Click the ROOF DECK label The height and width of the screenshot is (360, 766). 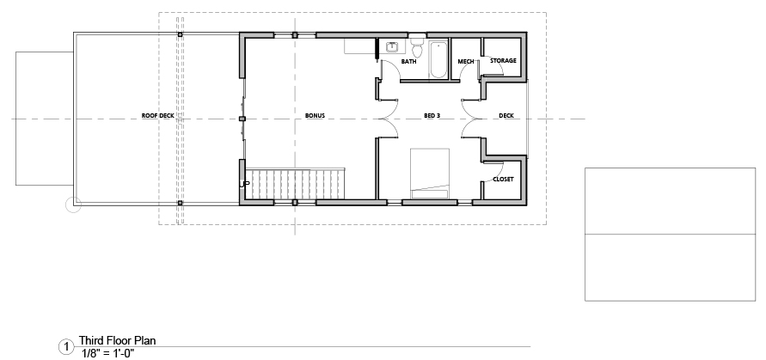[x=158, y=116]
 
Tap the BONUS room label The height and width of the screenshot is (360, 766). [x=316, y=116]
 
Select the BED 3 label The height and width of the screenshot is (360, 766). [x=432, y=116]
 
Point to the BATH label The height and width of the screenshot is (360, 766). [x=409, y=62]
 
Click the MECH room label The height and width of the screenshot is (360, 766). [x=466, y=62]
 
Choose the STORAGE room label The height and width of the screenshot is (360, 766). [x=503, y=60]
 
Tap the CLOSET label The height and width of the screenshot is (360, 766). [x=503, y=180]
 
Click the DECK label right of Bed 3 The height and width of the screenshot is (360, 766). [x=506, y=116]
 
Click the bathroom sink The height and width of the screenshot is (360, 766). [x=392, y=47]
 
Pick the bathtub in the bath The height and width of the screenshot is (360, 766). [x=438, y=59]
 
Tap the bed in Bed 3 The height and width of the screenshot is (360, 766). [x=429, y=174]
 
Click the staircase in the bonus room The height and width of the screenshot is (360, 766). [x=295, y=184]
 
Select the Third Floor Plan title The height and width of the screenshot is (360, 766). [x=117, y=340]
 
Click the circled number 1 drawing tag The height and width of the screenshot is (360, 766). [x=65, y=347]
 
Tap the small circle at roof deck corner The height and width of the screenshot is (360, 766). [x=73, y=204]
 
